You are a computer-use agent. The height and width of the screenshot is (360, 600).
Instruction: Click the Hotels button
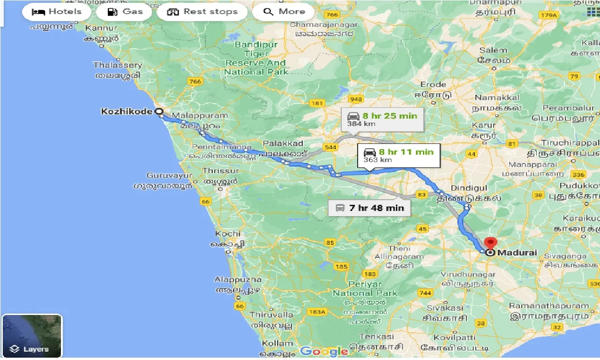tap(56, 12)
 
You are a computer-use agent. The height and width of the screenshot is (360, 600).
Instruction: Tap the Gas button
tap(124, 12)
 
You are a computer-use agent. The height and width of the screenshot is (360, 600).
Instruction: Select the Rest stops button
tap(202, 12)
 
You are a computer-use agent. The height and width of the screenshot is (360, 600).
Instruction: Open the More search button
tap(285, 12)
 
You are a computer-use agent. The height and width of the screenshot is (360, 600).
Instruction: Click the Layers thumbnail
tap(32, 336)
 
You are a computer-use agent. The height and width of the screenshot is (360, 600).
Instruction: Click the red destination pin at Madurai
tap(490, 244)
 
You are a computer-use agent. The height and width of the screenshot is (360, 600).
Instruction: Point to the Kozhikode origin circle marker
tap(159, 112)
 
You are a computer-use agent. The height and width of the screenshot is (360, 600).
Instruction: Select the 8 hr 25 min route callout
tap(382, 120)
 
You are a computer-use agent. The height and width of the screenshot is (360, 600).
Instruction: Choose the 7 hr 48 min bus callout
tap(369, 208)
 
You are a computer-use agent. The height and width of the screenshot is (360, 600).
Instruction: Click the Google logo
tap(324, 351)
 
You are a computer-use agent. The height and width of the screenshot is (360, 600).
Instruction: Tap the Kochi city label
tap(228, 233)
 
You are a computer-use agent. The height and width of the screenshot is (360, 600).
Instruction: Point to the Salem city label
tap(493, 50)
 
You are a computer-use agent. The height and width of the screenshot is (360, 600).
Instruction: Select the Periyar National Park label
tap(365, 289)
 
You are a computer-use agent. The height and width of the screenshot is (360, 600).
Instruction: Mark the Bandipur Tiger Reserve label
tap(256, 58)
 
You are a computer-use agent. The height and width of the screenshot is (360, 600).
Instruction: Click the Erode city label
tap(433, 84)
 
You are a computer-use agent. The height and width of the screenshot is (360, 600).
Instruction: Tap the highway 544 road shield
tap(330, 147)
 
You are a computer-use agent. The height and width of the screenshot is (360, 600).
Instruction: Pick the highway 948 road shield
tap(356, 99)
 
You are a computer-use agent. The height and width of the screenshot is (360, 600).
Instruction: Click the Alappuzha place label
tap(238, 279)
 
